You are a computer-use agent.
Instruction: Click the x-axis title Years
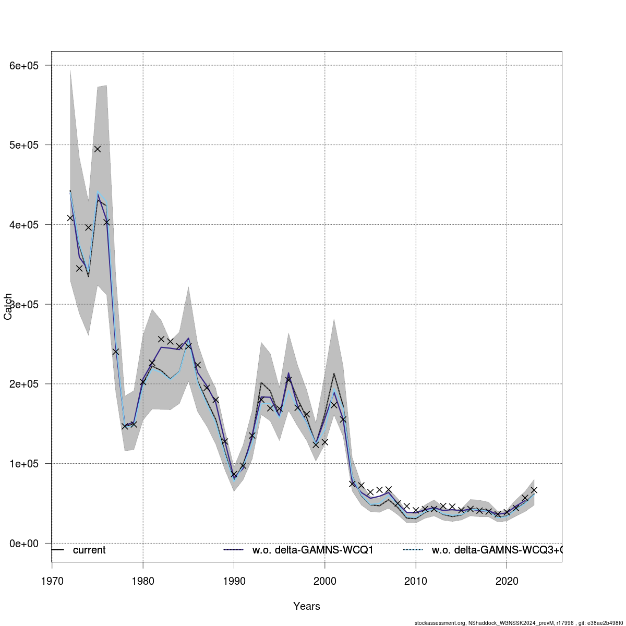(307, 606)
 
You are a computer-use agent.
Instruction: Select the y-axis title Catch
(8, 307)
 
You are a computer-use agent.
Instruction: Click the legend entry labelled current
(89, 550)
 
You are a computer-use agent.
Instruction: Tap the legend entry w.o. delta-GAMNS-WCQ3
(496, 550)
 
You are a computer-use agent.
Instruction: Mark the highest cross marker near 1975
(97, 149)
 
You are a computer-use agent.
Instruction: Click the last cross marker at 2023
(534, 490)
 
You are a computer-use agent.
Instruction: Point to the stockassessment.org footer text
(519, 622)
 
